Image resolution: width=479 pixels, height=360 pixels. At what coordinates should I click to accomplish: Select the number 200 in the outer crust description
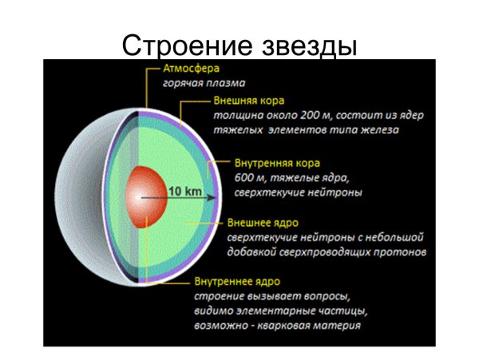[x=310, y=115]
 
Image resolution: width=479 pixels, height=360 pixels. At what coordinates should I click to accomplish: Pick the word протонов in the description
[x=403, y=251]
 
